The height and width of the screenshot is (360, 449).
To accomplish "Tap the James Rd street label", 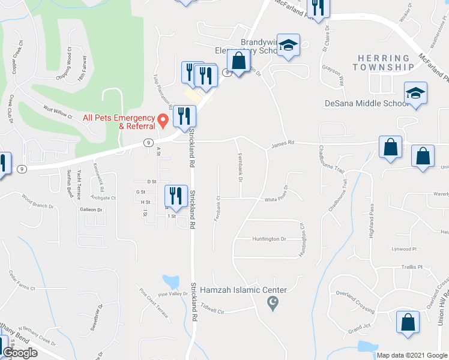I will click(282, 143).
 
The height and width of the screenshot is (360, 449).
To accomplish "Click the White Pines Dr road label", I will click(279, 200).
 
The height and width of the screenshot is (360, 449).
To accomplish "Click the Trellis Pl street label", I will click(412, 267).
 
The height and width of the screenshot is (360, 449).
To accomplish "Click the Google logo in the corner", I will click(20, 353).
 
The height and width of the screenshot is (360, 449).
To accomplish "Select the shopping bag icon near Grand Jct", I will click(408, 322).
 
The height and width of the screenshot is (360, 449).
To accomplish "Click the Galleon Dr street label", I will click(91, 210).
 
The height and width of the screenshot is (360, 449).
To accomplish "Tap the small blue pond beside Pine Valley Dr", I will click(170, 281).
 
